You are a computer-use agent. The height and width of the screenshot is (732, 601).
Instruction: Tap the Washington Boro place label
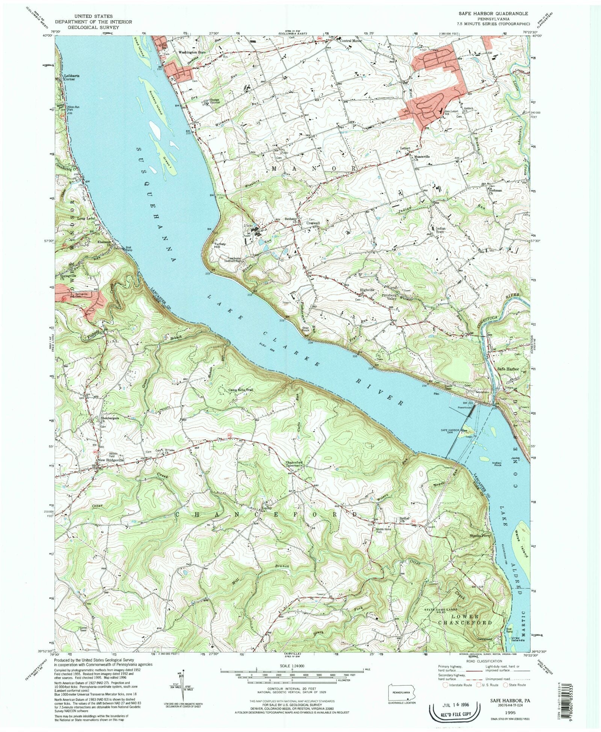[191, 53]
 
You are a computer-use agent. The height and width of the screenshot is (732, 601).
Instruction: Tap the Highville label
[367, 290]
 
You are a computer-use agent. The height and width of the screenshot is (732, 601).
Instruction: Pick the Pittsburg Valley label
[389, 297]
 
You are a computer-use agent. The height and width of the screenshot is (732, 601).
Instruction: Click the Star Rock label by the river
[306, 329]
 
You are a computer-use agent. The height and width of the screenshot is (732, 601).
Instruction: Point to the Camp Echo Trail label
[241, 390]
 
